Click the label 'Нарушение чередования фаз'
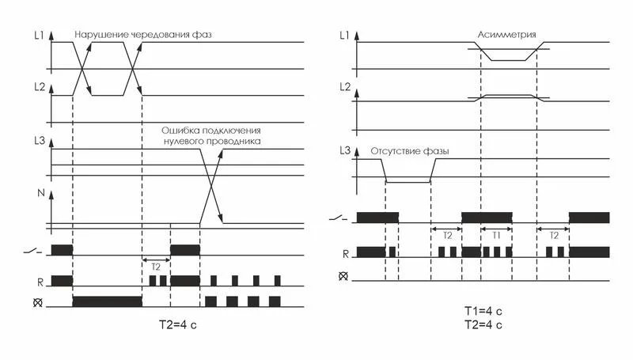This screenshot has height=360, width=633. pos(143,35)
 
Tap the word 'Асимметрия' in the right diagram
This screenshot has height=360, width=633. pos(506,35)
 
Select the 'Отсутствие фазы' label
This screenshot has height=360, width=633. pos(410,152)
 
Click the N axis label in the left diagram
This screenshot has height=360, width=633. pos(41,193)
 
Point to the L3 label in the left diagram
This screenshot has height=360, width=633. pos(40,142)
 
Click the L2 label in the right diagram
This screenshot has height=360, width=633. pos(345,87)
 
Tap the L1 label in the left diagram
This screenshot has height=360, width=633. pos(39,36)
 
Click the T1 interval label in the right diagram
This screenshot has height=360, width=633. pos(496,235)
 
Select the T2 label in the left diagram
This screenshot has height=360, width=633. pos(156,267)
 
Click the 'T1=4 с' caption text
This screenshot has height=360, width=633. pos(483,311)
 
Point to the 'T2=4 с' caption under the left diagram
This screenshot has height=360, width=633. pos(177,325)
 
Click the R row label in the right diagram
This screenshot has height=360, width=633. pos(346,254)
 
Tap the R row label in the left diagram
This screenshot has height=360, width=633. pos(40,282)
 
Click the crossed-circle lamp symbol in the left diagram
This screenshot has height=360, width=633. pos(37,302)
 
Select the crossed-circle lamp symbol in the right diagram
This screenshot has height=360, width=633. pos(343,276)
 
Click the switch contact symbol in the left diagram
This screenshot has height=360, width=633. pos(32,252)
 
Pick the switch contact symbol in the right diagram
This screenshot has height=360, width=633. pos(339,218)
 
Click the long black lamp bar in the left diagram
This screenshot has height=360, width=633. pos(108,301)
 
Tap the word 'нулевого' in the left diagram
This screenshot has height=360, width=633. pos(184,142)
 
